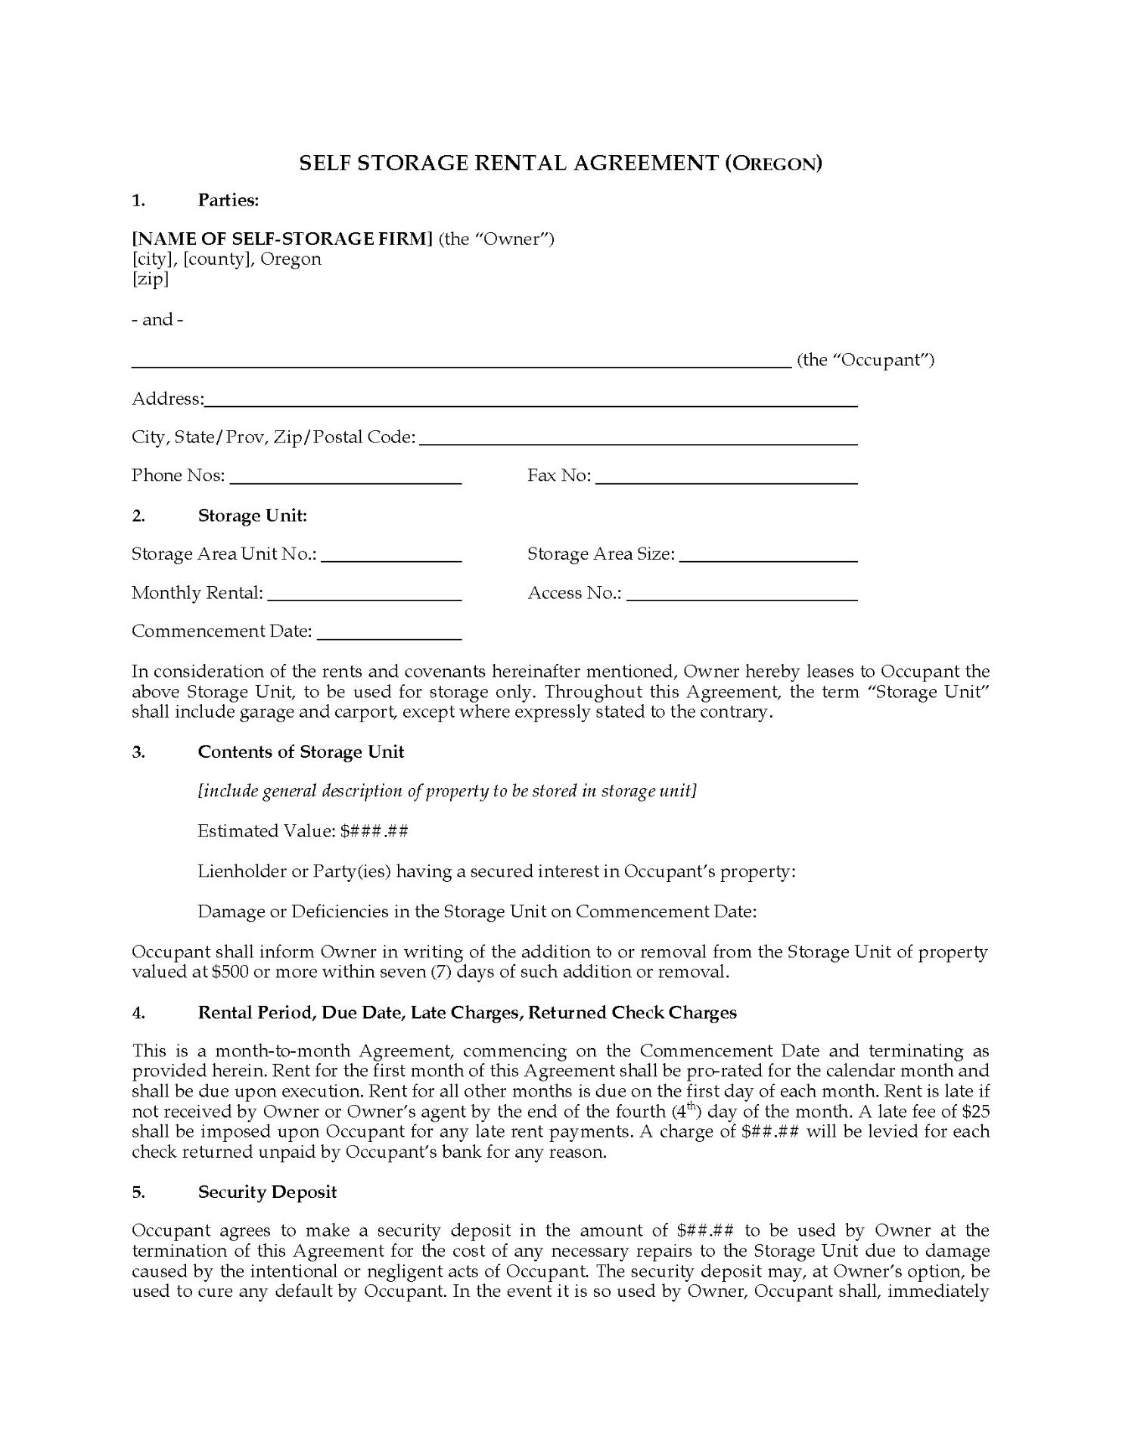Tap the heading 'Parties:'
(x=228, y=200)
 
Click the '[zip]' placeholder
(x=150, y=279)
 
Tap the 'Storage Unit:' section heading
(x=252, y=516)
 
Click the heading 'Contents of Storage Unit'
(x=300, y=752)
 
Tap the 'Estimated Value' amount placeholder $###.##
(x=375, y=831)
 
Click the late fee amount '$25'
(x=976, y=1112)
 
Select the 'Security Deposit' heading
(x=267, y=1192)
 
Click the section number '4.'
(x=138, y=1013)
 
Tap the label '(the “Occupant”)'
(x=866, y=360)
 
